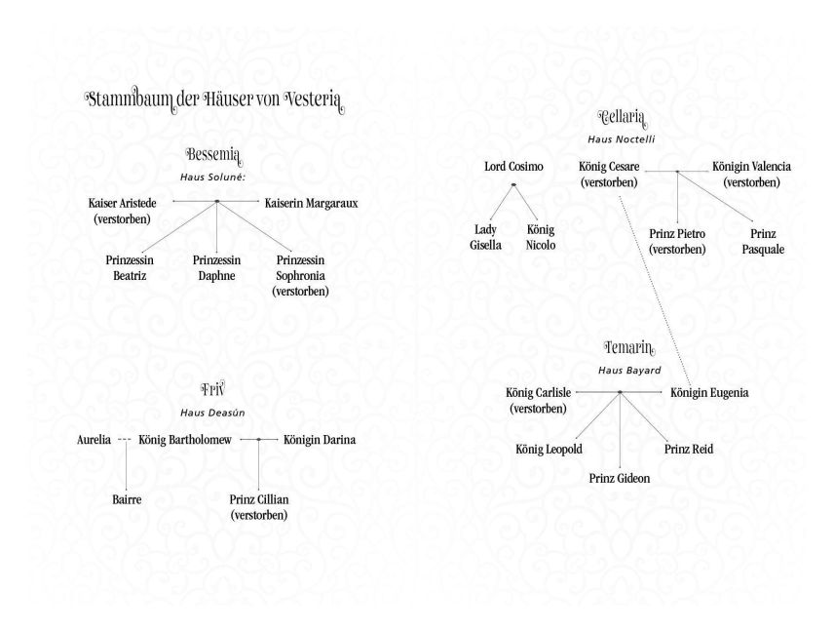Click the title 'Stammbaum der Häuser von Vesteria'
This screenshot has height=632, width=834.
[x=214, y=100]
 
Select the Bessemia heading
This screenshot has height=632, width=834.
[x=213, y=156]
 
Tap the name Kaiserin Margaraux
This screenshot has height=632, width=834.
[x=311, y=203]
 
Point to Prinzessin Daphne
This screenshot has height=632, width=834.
[x=216, y=268]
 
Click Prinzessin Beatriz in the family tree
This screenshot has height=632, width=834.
[x=130, y=268]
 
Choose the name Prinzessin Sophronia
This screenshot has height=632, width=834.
[x=300, y=275]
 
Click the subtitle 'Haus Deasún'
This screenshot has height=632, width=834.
[x=212, y=413]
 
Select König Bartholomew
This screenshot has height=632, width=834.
[x=185, y=440]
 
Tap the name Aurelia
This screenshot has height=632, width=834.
[x=95, y=440]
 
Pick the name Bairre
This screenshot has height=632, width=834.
[x=127, y=499]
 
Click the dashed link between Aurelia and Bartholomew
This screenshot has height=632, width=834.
[x=125, y=439]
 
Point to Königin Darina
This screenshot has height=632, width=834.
[x=320, y=440]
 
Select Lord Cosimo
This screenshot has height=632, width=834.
[x=513, y=166]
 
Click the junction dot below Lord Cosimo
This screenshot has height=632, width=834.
[x=513, y=184]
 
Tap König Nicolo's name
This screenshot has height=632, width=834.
[x=541, y=237]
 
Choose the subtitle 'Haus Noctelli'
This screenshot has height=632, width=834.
[x=622, y=139]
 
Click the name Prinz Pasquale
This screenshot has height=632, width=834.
[x=763, y=241]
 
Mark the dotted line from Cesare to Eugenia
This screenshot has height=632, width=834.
[x=656, y=292]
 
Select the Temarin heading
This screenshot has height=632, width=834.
[x=629, y=348]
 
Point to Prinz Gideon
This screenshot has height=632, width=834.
[x=619, y=478]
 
